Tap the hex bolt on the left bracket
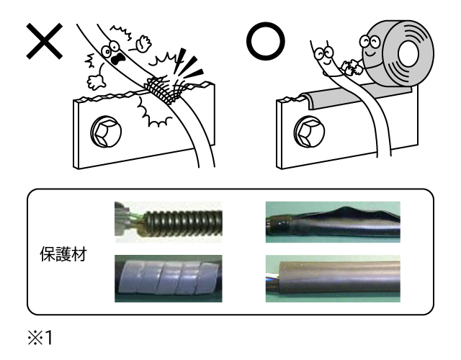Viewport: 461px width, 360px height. pyautogui.click(x=102, y=132)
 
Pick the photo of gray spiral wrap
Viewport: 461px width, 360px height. pyautogui.click(x=167, y=280)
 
